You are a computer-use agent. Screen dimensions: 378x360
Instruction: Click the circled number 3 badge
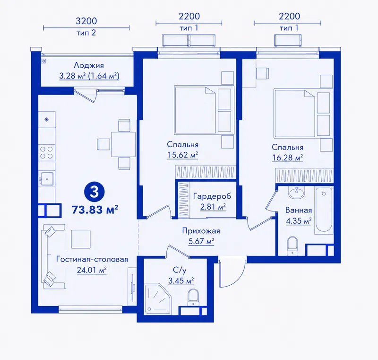pyautogui.click(x=94, y=192)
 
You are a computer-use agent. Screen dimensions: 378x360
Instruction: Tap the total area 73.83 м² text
pyautogui.click(x=95, y=210)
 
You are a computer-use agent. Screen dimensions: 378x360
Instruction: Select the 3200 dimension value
pyautogui.click(x=86, y=21)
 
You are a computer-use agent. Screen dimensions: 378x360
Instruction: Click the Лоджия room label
pyautogui.click(x=89, y=65)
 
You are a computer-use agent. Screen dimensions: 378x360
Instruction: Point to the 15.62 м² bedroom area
pyautogui.click(x=183, y=155)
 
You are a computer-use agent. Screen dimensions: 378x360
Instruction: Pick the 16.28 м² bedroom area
pyautogui.click(x=287, y=158)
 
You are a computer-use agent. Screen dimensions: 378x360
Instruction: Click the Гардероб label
pyautogui.click(x=212, y=196)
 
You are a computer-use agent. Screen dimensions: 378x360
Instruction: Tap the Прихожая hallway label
pyautogui.click(x=201, y=231)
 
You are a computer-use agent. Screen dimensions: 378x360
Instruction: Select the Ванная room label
pyautogui.click(x=299, y=210)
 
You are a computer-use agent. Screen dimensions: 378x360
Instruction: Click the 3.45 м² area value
pyautogui.click(x=181, y=281)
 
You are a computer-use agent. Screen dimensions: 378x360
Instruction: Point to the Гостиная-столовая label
pyautogui.click(x=92, y=259)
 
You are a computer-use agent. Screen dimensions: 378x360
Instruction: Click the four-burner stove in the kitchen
pyautogui.click(x=46, y=152)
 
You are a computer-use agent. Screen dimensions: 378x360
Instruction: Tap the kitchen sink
pyautogui.click(x=47, y=178)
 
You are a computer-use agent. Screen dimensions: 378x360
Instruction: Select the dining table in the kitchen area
pyautogui.click(x=123, y=144)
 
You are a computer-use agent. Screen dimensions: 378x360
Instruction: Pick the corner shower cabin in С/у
pyautogui.click(x=157, y=299)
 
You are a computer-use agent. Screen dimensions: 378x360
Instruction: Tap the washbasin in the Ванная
pyautogui.click(x=297, y=193)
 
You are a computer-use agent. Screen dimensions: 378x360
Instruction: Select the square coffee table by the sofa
pyautogui.click(x=81, y=239)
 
